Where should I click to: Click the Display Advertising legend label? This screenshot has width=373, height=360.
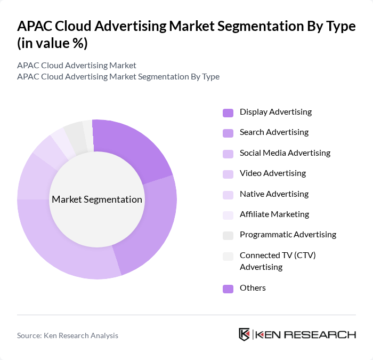point(275,112)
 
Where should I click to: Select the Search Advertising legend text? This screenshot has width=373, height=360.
point(274,132)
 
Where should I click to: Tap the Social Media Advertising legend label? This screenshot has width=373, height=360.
point(285,153)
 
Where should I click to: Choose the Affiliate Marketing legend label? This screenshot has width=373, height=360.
point(274,214)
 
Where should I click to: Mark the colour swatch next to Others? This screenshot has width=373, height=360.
point(228,289)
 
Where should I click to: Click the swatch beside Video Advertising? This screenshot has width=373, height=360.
point(228,174)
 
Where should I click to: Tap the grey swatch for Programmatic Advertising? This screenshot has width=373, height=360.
point(228,235)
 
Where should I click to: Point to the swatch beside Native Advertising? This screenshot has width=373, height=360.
point(228,195)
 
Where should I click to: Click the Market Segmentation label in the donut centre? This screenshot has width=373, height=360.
point(97,199)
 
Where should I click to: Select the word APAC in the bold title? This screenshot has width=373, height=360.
point(36,27)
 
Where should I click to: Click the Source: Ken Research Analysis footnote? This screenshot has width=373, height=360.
point(68,335)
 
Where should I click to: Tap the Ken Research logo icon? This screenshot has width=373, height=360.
point(244,334)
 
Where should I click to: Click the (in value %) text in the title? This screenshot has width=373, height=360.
point(52,44)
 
